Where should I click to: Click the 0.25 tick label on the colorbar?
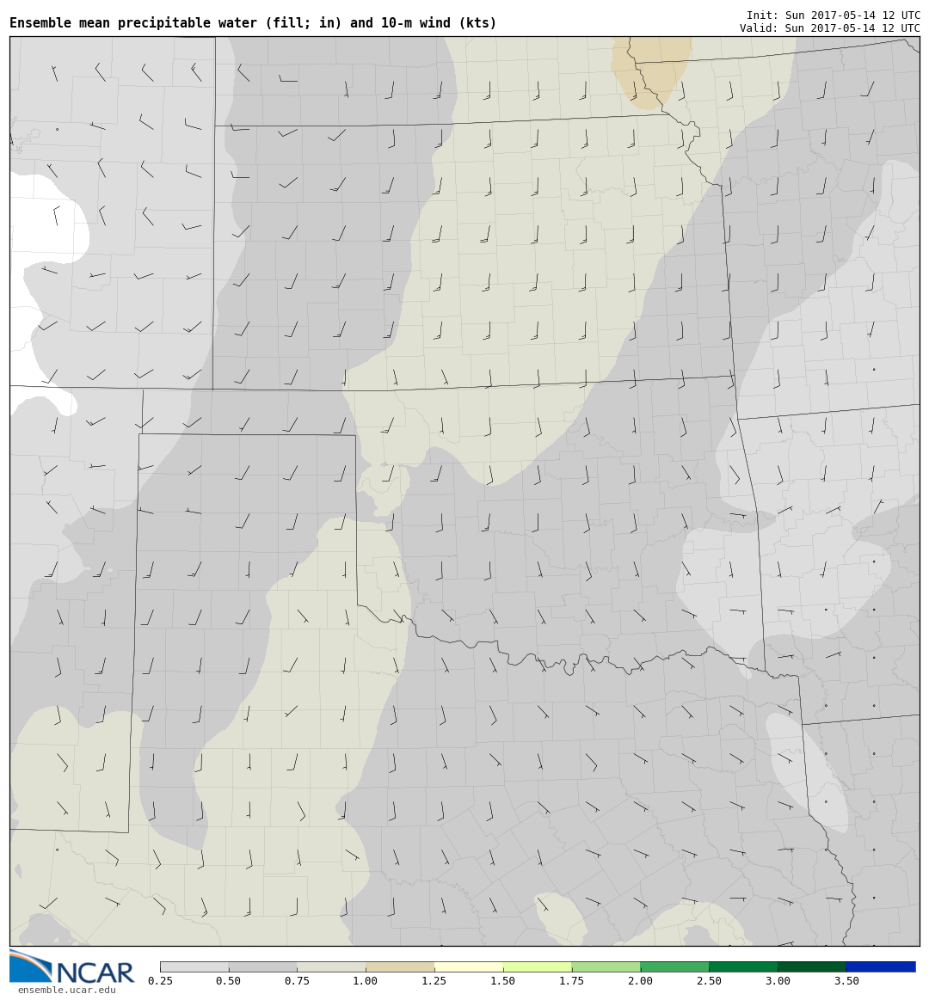coord(159,981)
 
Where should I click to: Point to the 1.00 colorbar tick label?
coord(365,981)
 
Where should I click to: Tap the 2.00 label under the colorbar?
coord(640,981)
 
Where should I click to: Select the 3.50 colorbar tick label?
coord(846,981)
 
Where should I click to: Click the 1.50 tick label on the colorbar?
coord(502,981)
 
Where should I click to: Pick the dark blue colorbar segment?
coord(881,966)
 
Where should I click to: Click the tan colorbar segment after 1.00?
coord(399,966)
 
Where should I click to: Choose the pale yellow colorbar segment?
coord(468,966)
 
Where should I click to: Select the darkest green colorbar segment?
coord(812,966)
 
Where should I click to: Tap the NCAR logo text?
coord(95,972)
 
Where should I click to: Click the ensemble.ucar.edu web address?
coord(66,991)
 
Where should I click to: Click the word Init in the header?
coord(761,15)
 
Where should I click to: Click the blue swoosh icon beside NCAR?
coord(30,966)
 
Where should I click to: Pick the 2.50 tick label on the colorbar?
coord(709,981)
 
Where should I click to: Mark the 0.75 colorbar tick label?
coord(297,981)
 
